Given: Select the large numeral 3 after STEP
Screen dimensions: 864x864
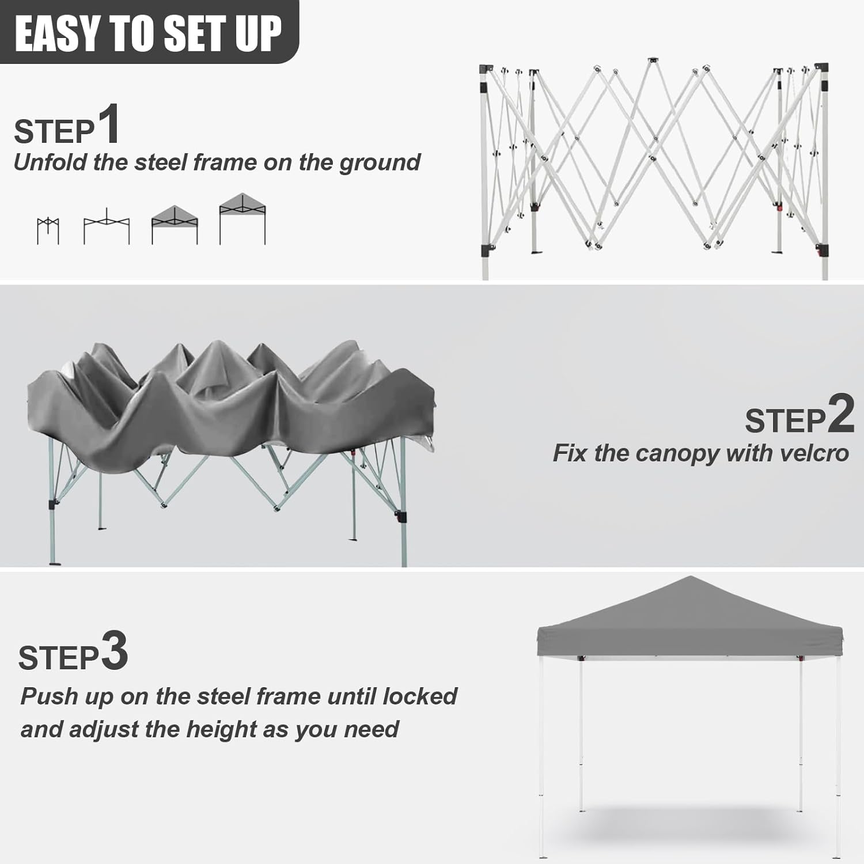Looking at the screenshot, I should (x=114, y=651).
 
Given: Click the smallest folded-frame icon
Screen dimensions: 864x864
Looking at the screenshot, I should (x=48, y=230).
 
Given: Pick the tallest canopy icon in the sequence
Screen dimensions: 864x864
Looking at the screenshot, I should (x=242, y=219).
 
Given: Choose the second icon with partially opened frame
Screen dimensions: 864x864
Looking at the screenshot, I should (x=107, y=226).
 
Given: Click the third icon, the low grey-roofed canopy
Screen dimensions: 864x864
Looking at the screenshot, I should (x=175, y=225).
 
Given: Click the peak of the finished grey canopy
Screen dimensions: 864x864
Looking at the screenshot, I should (x=689, y=578).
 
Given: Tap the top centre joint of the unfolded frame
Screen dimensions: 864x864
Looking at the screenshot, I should (x=652, y=60).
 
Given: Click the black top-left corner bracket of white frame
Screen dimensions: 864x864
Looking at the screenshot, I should (x=487, y=69).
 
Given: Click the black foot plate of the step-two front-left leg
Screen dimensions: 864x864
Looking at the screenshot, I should (x=55, y=563).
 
